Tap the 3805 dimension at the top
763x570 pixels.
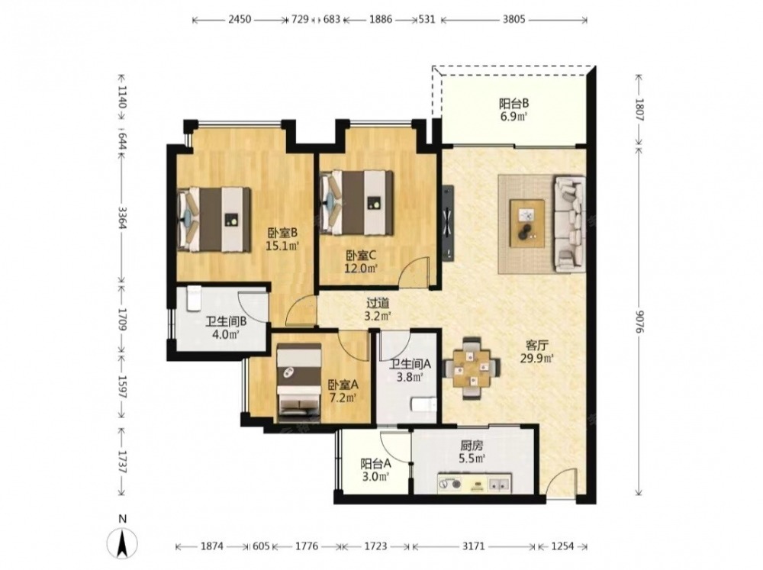pos(513,20)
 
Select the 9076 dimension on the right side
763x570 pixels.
pos(639,322)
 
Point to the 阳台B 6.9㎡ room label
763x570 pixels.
pos(513,110)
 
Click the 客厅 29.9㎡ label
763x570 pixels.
pos(537,352)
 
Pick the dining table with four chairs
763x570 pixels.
pos(472,368)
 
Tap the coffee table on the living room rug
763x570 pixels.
pos(527,224)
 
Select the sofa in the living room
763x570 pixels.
pos(570,224)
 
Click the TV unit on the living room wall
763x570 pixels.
pos(448,224)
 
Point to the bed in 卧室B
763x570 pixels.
pos(214,220)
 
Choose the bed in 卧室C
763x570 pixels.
pos(356,203)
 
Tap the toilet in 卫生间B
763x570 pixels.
pos(194,298)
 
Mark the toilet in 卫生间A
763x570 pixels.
pos(423,404)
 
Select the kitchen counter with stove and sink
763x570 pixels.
pos(475,483)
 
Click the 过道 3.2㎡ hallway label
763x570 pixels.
pos(378,309)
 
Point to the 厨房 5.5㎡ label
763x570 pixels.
pos(472,452)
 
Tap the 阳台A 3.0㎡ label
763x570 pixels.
pos(375,470)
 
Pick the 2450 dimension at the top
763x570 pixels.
pos(240,20)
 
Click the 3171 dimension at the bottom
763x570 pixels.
pos(473,546)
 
